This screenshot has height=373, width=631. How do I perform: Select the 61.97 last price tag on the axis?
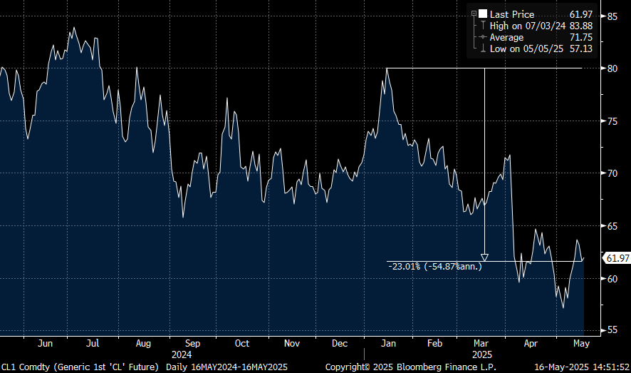pyautogui.click(x=616, y=258)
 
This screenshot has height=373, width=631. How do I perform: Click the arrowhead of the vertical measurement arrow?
pyautogui.click(x=484, y=257)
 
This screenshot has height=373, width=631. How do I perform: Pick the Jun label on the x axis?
pyautogui.click(x=44, y=343)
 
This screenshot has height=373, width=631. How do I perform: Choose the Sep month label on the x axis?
pyautogui.click(x=192, y=343)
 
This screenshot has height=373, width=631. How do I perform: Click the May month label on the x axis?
pyautogui.click(x=582, y=343)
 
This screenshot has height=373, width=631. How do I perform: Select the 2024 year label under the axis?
pyautogui.click(x=182, y=353)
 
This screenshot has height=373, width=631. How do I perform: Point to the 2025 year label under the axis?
pyautogui.click(x=484, y=353)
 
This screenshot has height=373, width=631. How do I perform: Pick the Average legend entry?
pyautogui.click(x=506, y=37)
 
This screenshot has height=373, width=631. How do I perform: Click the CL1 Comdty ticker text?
pyautogui.click(x=25, y=367)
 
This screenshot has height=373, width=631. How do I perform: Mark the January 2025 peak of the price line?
pyautogui.click(x=386, y=68)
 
